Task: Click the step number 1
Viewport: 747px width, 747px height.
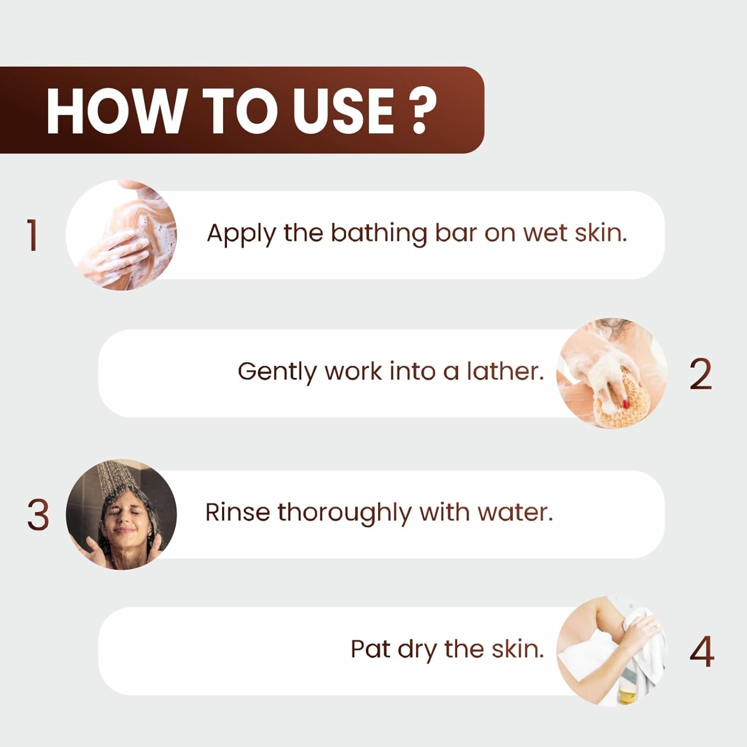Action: coord(33,235)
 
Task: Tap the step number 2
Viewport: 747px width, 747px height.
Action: coord(701,373)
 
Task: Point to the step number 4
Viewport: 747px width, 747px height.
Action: coord(702,651)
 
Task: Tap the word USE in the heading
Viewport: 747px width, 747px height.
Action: coord(344,111)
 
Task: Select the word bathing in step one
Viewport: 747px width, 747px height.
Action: coord(378,234)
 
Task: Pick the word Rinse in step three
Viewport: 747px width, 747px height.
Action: coord(238,512)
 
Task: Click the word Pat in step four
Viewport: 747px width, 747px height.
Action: coord(370,649)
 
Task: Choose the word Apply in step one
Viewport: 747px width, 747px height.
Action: coord(241,234)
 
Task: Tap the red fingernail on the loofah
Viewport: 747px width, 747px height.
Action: coord(625,404)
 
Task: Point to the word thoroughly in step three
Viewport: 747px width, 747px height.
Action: coord(344,513)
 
